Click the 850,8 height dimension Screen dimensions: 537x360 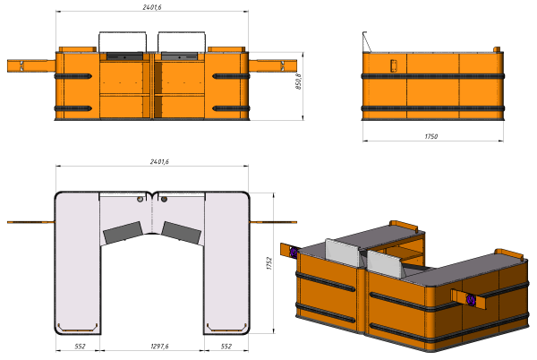tap(299, 81)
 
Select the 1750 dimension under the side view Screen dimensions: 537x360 tap(431, 136)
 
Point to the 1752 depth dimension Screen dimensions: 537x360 tap(269, 263)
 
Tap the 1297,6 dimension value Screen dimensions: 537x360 tap(159, 347)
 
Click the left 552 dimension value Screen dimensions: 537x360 tap(80, 347)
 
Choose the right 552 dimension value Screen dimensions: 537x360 tap(226, 347)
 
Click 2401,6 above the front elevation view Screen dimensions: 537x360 tap(152, 7)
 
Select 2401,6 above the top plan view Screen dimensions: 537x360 tap(159, 162)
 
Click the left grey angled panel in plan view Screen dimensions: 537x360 tap(123, 233)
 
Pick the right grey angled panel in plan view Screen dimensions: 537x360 tap(181, 233)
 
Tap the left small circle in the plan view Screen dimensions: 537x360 tap(141, 199)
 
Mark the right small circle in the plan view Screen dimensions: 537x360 tap(164, 199)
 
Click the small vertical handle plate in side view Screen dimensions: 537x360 tap(394, 65)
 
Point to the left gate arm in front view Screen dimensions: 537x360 tap(31, 65)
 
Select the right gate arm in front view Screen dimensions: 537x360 tap(273, 65)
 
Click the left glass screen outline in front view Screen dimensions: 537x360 tap(123, 32)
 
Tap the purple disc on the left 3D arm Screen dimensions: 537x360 tap(294, 253)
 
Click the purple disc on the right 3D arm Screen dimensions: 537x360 tap(472, 299)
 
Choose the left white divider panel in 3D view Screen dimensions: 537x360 tap(343, 253)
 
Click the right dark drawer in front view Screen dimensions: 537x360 tap(180, 56)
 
